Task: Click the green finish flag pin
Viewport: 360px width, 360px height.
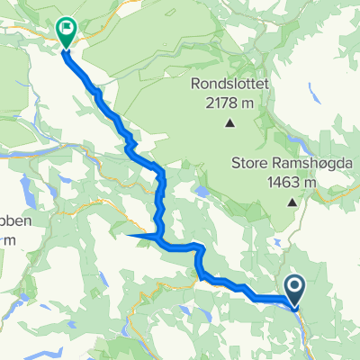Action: point(67,31)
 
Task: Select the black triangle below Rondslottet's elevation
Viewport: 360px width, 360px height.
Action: point(229,123)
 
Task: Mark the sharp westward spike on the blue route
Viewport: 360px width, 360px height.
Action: point(133,236)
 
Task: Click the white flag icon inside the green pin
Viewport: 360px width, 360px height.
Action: point(67,29)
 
